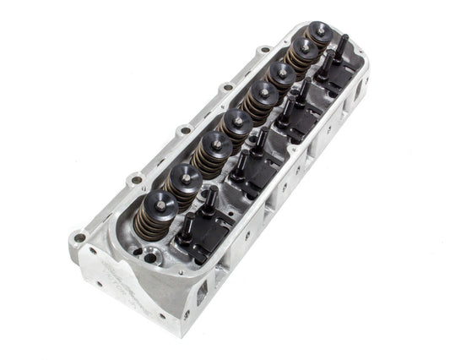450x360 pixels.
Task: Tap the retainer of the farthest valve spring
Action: click(318, 32)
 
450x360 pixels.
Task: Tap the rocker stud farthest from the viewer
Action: click(344, 42)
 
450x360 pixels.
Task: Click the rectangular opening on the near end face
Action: click(202, 293)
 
